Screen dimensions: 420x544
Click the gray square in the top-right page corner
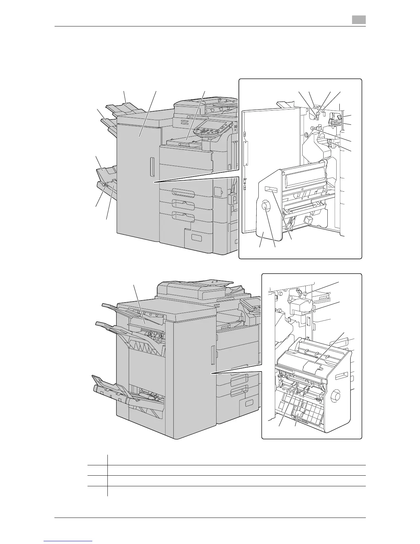click(358, 20)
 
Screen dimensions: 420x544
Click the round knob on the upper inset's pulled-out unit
click(266, 207)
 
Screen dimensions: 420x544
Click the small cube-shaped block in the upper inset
click(307, 219)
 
